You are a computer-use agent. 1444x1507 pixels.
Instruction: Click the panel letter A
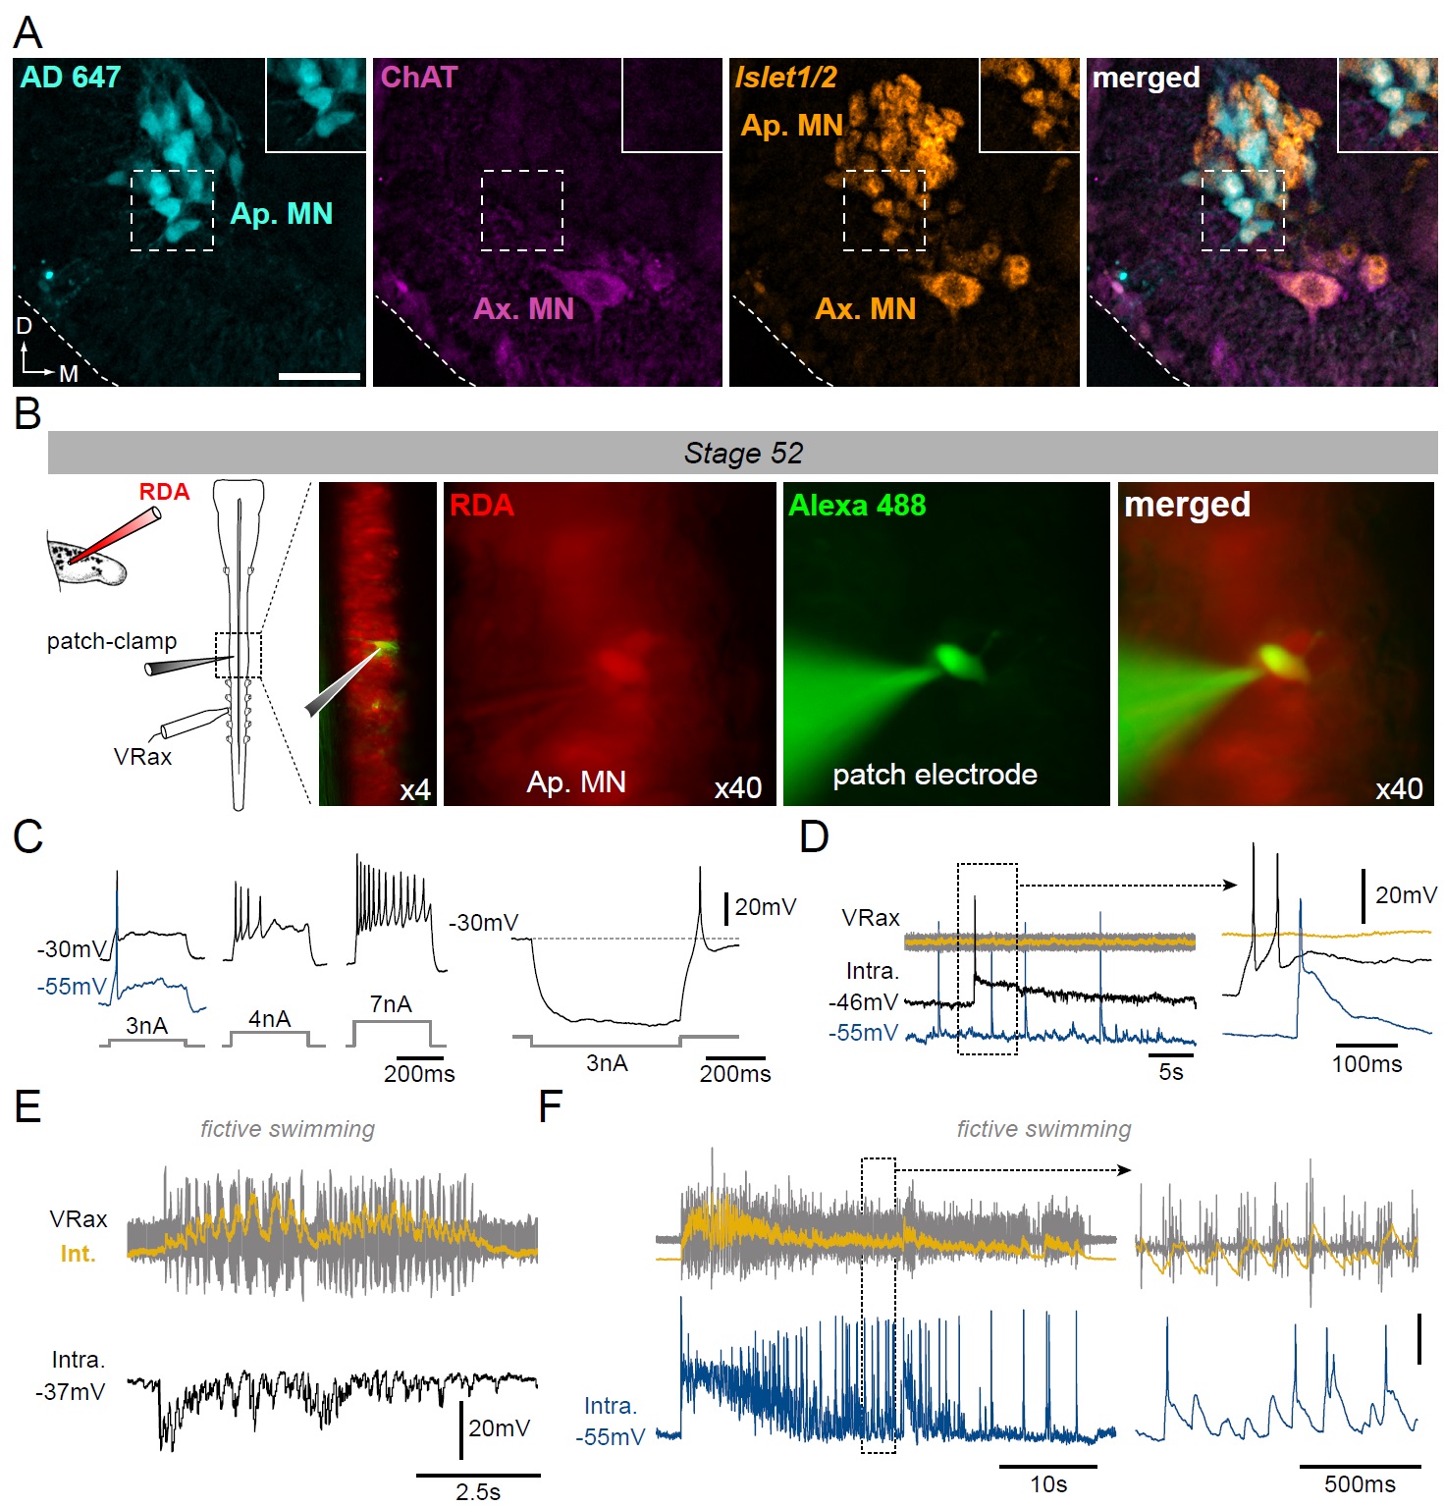click(x=27, y=32)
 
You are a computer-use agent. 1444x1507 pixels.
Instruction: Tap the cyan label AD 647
click(x=71, y=77)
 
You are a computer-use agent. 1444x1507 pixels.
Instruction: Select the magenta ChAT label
click(x=419, y=77)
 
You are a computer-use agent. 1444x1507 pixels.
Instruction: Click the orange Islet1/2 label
click(x=785, y=77)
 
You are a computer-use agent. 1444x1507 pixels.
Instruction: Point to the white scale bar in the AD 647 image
click(x=319, y=375)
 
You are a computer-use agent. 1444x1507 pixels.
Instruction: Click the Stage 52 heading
click(x=743, y=453)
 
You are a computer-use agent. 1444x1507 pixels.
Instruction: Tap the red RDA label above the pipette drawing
click(x=164, y=492)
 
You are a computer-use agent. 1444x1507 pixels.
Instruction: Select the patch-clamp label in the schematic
click(x=112, y=641)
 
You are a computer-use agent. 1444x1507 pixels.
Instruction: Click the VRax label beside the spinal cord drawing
click(x=142, y=757)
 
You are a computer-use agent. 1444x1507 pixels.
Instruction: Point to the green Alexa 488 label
click(x=857, y=506)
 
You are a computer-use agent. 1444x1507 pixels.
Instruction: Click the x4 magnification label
click(x=414, y=790)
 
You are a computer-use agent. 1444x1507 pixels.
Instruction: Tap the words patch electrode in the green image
click(x=935, y=775)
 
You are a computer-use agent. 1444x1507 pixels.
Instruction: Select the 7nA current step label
click(x=391, y=1004)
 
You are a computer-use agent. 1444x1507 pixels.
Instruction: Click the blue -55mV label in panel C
click(x=71, y=987)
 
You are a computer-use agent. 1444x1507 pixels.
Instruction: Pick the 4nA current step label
click(x=269, y=1019)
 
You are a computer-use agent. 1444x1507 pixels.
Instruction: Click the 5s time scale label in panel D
click(x=1171, y=1072)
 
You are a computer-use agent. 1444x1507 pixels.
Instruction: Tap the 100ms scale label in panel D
click(x=1366, y=1064)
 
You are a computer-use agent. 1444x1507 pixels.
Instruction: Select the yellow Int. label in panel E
click(x=78, y=1254)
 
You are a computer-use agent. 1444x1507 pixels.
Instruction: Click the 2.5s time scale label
click(x=478, y=1492)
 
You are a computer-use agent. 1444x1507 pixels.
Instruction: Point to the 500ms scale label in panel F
click(x=1360, y=1484)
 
